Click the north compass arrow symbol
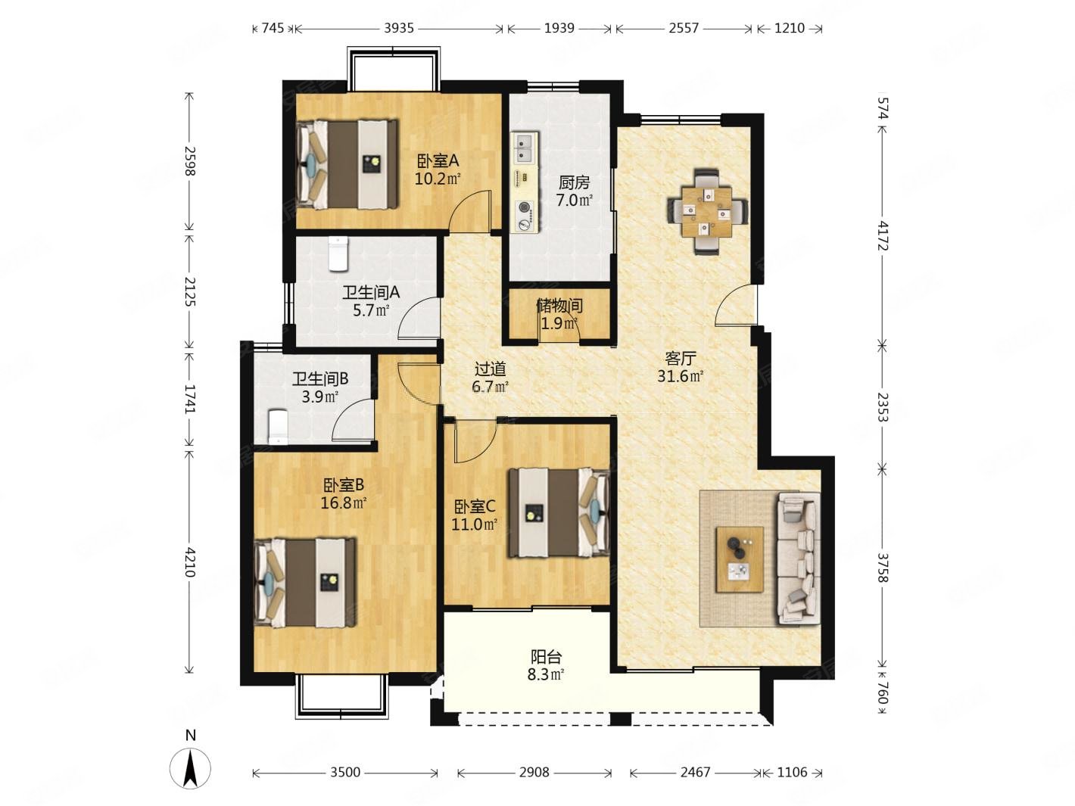point(190,768)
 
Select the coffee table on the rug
point(740,559)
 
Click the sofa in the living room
point(798,559)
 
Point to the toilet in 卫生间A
point(338,254)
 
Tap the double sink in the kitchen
point(525,147)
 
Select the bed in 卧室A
point(347,164)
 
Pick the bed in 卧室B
point(304,583)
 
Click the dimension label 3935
point(399,29)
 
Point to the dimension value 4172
point(882,235)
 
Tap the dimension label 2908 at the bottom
point(534,772)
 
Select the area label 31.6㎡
point(681,376)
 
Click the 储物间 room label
point(559,306)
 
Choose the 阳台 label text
point(546,657)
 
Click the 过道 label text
point(491,368)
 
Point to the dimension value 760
point(882,693)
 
